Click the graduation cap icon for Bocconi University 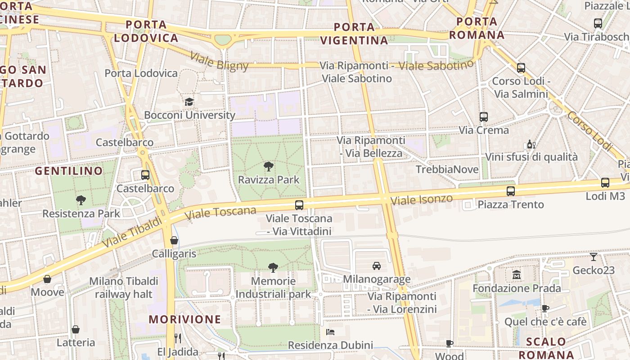tap(189, 102)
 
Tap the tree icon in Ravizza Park tap(269, 166)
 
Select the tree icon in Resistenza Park tap(81, 200)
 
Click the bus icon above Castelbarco tap(145, 175)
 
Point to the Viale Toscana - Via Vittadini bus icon tap(299, 205)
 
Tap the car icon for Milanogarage tap(377, 266)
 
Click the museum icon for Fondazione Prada tap(517, 274)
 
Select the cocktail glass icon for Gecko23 tap(594, 257)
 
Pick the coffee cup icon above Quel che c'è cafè tap(545, 308)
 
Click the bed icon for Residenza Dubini tap(330, 332)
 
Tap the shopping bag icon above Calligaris tap(174, 240)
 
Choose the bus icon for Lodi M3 tap(605, 183)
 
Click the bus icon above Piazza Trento tap(511, 191)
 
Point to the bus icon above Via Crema tap(484, 117)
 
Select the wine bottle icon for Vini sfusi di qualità tap(531, 144)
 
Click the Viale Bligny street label tap(219, 61)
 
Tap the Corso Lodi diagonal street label tap(589, 130)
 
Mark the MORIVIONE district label tap(185, 319)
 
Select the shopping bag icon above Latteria tap(76, 329)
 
